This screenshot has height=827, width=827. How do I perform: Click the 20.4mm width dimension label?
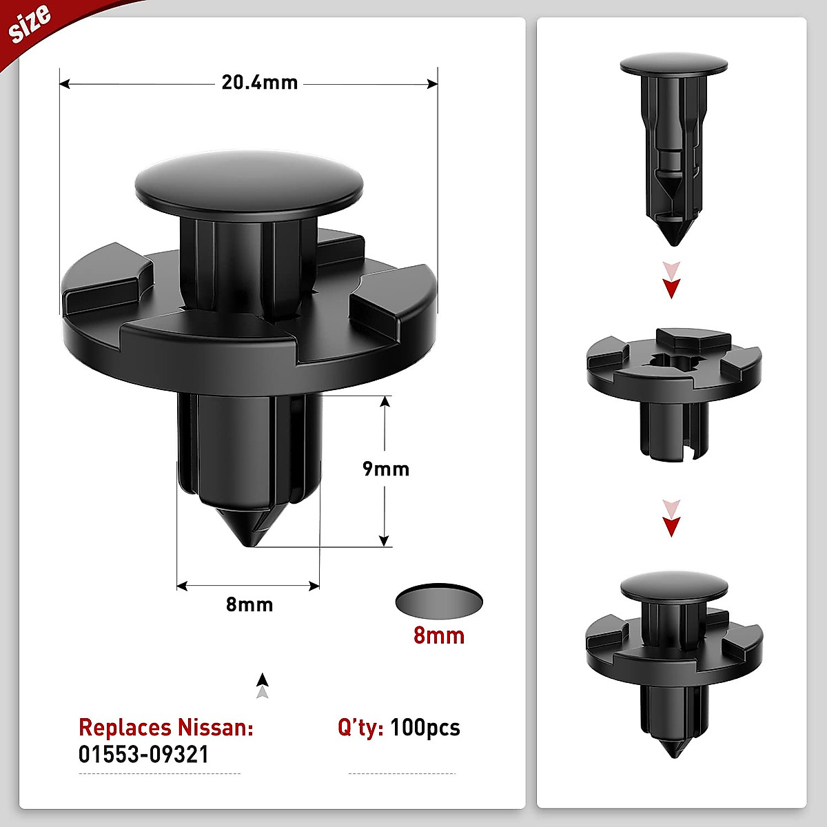(259, 83)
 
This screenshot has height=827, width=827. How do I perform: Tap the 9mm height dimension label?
(386, 469)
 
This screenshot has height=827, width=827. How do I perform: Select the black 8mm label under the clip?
(249, 604)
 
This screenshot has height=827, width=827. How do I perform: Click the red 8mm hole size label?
(439, 635)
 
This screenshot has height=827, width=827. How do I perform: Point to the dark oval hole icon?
(439, 602)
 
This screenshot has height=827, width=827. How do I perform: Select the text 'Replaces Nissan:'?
(166, 728)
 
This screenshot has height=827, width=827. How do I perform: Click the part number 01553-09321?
(143, 754)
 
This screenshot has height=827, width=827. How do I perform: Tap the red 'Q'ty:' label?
(360, 728)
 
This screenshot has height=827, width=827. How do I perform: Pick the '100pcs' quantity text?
(425, 728)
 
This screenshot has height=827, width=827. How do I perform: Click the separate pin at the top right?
(673, 145)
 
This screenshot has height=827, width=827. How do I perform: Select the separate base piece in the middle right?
(673, 389)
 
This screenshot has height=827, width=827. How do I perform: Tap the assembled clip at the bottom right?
(673, 662)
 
